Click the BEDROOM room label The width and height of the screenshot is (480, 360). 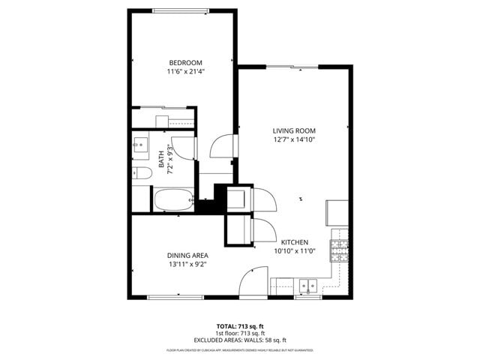185,62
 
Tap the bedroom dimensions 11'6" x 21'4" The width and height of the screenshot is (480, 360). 185,72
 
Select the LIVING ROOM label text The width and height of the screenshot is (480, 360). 293,130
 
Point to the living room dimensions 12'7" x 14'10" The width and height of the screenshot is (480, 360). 293,139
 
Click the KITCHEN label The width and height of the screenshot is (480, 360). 295,242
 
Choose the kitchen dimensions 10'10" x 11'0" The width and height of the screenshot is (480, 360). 295,251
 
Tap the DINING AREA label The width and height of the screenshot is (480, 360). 187,255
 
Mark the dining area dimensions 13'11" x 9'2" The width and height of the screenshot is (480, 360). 187,264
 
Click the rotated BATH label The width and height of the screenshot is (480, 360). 161,159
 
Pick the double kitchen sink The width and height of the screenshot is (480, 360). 307,286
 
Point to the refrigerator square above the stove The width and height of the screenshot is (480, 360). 337,213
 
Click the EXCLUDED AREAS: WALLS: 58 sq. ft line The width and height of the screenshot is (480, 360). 240,340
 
